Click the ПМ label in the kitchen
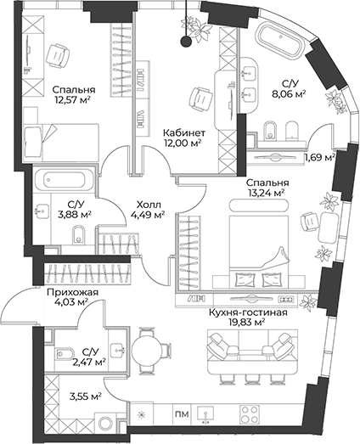tap(181, 415)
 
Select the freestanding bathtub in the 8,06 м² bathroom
tap(284, 40)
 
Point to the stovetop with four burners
tap(253, 414)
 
